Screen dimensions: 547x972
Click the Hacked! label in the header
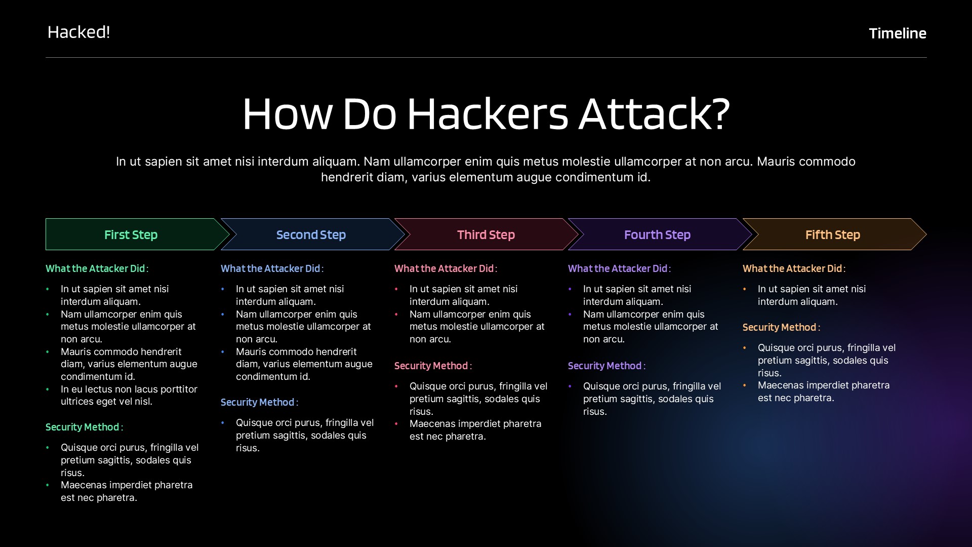(x=78, y=32)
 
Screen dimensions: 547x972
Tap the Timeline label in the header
(x=897, y=33)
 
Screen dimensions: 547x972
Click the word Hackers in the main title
(x=488, y=114)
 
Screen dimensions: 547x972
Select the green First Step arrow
(x=131, y=235)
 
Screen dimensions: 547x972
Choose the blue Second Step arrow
(x=311, y=235)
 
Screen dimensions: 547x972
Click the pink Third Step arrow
(x=486, y=235)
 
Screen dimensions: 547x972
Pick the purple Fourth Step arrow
(x=657, y=235)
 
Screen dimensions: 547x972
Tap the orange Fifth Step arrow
(x=832, y=235)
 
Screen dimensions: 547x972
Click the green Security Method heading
(x=83, y=427)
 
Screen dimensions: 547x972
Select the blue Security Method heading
(x=258, y=402)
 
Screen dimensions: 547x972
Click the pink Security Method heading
(x=431, y=366)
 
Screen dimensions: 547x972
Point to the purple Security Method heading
(x=605, y=366)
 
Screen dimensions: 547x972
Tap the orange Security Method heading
(x=780, y=327)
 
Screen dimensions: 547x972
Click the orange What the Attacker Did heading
(x=792, y=268)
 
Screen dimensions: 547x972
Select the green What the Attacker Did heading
(x=95, y=268)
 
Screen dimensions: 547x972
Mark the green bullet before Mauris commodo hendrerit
(x=48, y=351)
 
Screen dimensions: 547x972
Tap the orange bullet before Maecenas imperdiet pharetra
(x=745, y=385)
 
